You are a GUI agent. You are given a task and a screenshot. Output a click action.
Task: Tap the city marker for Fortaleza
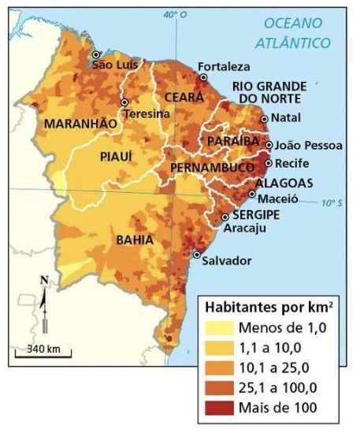click(203, 78)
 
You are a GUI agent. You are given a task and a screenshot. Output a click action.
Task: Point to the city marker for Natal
click(265, 117)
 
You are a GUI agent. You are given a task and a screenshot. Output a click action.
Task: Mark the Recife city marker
click(269, 163)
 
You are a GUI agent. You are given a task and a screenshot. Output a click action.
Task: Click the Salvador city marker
click(196, 254)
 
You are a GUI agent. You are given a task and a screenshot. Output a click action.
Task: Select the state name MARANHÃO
click(80, 124)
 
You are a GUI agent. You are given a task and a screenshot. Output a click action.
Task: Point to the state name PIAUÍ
click(116, 157)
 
